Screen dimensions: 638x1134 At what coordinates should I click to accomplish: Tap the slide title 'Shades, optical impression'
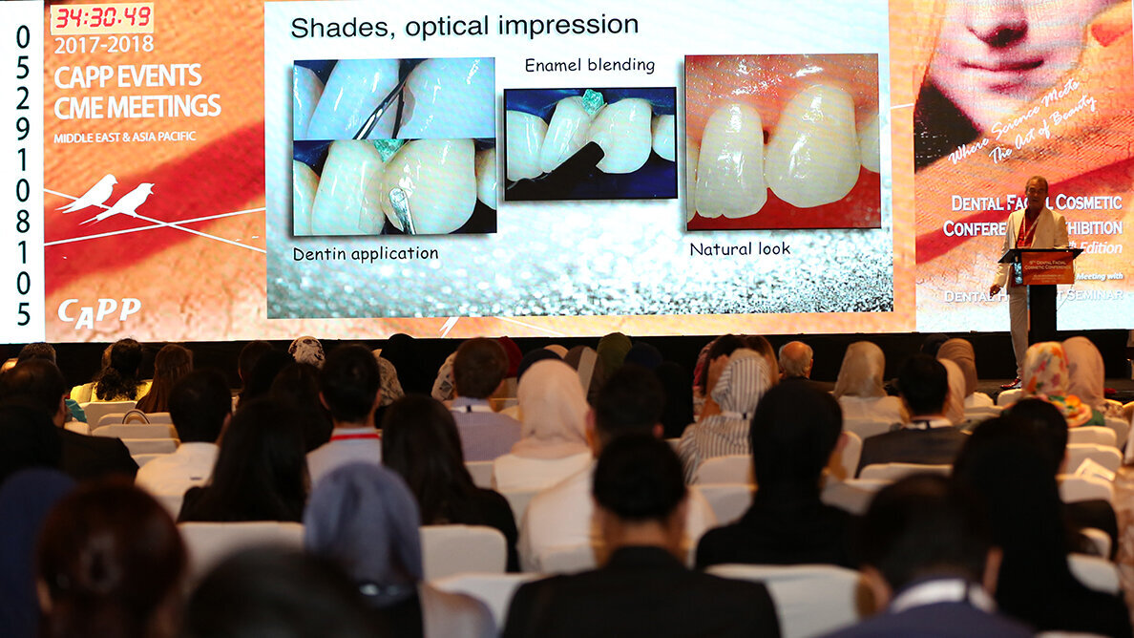point(464,26)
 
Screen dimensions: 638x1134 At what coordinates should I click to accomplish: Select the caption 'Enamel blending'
point(590,65)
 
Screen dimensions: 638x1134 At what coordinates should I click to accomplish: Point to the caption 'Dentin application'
point(366,254)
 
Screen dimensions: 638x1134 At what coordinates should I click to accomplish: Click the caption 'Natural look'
point(740,248)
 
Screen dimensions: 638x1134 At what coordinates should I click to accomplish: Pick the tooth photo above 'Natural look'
point(782,140)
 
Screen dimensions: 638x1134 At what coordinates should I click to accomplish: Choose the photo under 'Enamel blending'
point(589,143)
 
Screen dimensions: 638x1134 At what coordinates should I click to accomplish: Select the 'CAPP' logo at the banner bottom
point(98,309)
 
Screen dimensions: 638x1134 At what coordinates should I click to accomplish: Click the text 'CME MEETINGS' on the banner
point(136,107)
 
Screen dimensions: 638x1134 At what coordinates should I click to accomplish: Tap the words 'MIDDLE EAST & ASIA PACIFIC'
point(124,138)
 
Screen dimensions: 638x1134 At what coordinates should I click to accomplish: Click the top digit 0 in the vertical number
point(22,36)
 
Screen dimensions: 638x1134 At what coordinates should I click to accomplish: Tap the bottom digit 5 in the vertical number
point(23,312)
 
